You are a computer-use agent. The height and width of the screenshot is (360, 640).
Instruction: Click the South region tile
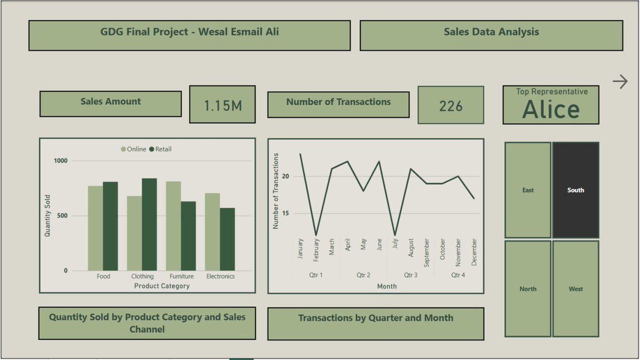tap(575, 190)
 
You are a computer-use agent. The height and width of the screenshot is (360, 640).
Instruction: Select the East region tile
tap(527, 190)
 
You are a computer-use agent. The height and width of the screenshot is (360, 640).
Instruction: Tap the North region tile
tap(527, 289)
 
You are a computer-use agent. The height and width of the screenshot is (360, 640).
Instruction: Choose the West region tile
tap(575, 289)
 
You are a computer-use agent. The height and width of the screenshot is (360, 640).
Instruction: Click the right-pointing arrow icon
tap(620, 82)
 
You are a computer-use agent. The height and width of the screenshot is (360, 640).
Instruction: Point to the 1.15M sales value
tap(222, 106)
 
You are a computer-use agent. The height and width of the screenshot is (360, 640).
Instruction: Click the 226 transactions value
tap(451, 106)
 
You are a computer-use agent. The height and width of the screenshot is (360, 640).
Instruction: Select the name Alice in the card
tap(550, 109)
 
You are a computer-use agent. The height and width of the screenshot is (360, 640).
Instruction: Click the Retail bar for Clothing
tap(149, 224)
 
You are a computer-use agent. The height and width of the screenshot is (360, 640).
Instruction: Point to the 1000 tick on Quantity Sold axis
tap(61, 161)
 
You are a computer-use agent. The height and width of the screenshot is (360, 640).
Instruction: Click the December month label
tap(474, 253)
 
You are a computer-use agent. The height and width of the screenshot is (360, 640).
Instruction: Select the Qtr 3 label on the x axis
tap(411, 275)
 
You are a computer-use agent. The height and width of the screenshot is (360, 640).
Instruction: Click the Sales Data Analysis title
tap(491, 32)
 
